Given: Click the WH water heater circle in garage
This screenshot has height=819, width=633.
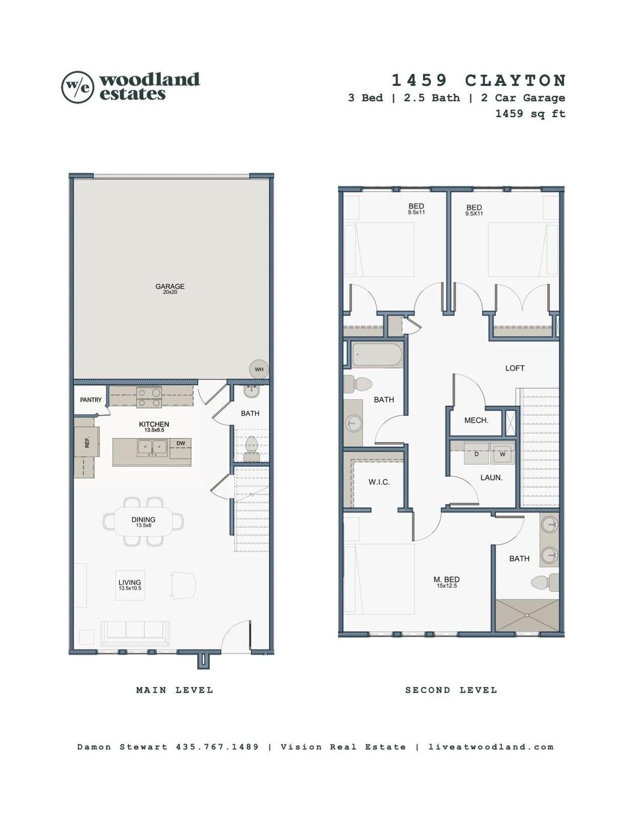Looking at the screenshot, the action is [x=259, y=369].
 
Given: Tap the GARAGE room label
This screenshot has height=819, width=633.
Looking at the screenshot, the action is [x=170, y=287].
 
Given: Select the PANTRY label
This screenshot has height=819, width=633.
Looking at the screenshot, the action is [x=91, y=400].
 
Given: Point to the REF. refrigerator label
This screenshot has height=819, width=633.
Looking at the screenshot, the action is [x=87, y=442].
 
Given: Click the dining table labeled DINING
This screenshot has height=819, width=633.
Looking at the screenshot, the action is [x=143, y=522].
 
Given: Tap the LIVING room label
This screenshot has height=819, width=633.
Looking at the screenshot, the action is [x=130, y=583].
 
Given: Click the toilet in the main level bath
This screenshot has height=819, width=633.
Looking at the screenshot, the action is [x=252, y=450].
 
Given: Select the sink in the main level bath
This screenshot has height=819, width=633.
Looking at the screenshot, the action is [x=251, y=392].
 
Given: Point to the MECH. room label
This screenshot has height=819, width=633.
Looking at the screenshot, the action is [x=476, y=420].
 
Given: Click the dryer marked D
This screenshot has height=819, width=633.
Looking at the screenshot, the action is [x=476, y=454].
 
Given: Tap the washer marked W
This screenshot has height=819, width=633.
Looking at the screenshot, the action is [x=502, y=454].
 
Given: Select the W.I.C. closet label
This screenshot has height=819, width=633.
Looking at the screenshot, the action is [x=379, y=482].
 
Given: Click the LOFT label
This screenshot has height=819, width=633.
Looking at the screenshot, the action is [x=515, y=368].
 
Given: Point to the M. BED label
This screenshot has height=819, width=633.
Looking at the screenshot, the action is [x=447, y=579].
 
